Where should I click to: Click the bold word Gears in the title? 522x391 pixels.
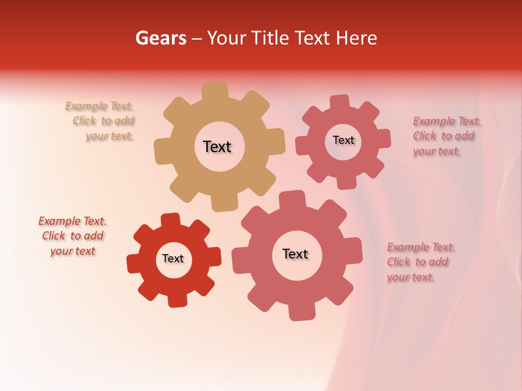pyautogui.click(x=160, y=38)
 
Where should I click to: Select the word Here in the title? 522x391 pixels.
pyautogui.click(x=357, y=38)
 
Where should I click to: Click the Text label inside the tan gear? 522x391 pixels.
pyautogui.click(x=217, y=147)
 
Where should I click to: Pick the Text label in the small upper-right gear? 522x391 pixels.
pyautogui.click(x=343, y=140)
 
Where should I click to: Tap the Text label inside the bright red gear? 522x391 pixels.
pyautogui.click(x=173, y=258)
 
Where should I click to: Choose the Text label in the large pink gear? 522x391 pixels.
pyautogui.click(x=295, y=254)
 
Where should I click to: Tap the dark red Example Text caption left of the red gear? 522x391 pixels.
pyautogui.click(x=72, y=236)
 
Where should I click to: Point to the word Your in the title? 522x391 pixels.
pyautogui.click(x=228, y=38)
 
